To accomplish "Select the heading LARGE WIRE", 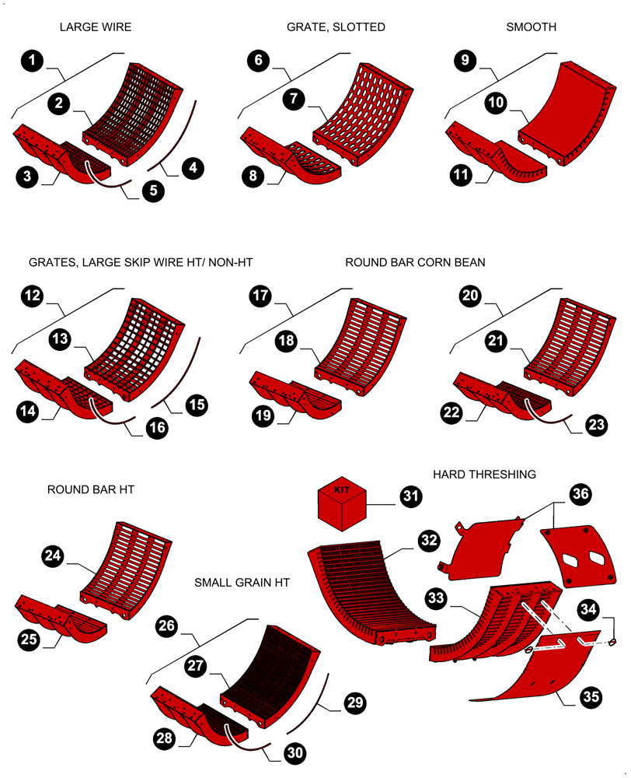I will [95, 27].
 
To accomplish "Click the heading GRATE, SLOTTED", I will [336, 27].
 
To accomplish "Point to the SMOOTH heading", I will [531, 27].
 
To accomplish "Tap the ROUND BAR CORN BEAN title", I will [415, 263].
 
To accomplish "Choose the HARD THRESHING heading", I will [484, 474].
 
